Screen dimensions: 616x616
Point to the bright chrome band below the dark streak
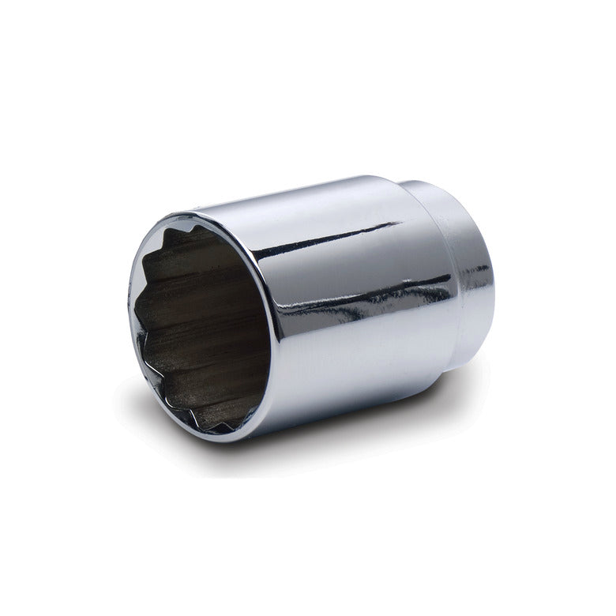click(x=355, y=355)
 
